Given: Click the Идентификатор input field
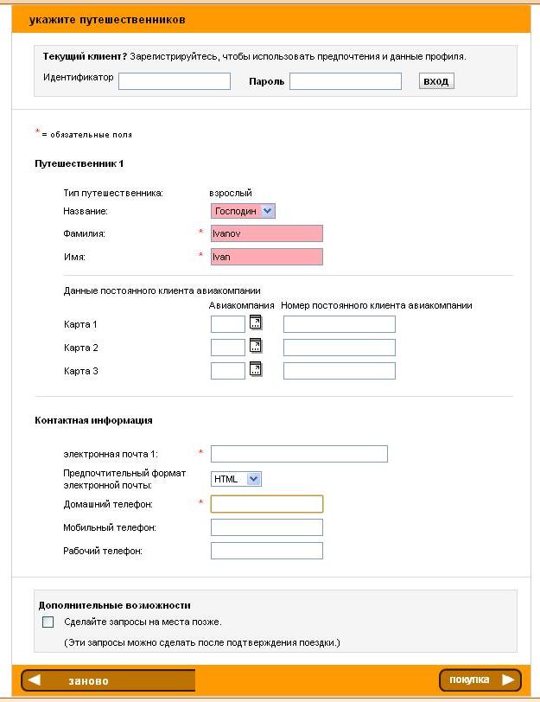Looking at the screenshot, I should click(x=175, y=81).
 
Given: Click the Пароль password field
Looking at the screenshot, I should click(x=346, y=81).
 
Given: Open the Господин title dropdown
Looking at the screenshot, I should click(x=243, y=211).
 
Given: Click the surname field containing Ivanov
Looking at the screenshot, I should click(x=267, y=233).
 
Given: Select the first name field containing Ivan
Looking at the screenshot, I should click(x=267, y=257).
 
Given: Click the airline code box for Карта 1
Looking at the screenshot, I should click(x=228, y=324).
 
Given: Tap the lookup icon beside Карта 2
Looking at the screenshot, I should click(x=256, y=346).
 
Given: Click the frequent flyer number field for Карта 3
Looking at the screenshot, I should click(x=339, y=371).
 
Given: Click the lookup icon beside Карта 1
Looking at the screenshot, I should click(x=256, y=322).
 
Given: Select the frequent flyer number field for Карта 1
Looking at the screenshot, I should click(x=339, y=324).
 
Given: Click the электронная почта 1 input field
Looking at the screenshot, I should click(x=299, y=454).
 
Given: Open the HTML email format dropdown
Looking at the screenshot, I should click(x=236, y=479).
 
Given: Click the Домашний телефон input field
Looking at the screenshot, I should click(x=267, y=504).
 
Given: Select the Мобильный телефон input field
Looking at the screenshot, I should click(x=267, y=527).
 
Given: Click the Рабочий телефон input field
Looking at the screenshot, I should click(x=267, y=551).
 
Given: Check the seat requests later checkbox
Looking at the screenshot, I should click(x=48, y=622).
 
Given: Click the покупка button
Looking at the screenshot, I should click(x=480, y=680).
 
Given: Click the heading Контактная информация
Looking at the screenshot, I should click(x=93, y=420).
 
